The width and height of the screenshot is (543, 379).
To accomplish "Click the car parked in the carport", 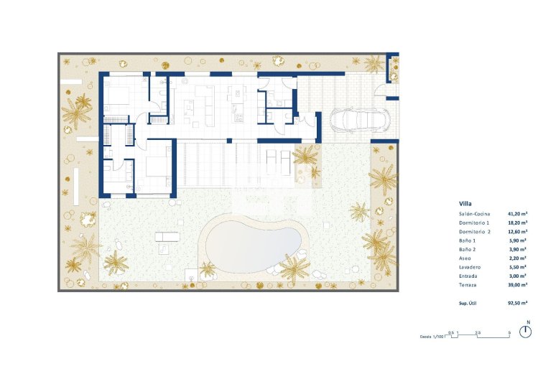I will tap(356, 119).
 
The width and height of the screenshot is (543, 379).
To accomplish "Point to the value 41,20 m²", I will tap(517, 215).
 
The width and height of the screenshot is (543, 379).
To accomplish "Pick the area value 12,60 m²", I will tap(517, 232).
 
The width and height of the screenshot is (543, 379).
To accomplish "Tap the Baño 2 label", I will tap(468, 250).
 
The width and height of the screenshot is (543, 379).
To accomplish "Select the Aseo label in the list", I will tap(465, 258).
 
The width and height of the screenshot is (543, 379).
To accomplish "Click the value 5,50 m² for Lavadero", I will tap(519, 267).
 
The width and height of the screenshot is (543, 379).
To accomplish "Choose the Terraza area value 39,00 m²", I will tap(517, 284).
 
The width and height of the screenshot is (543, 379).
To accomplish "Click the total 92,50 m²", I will tap(517, 304).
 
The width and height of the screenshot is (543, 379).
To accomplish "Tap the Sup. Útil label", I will tap(469, 304).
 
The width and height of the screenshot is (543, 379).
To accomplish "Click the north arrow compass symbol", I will tap(527, 331).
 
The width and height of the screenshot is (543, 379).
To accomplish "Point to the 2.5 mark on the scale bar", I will tap(478, 332).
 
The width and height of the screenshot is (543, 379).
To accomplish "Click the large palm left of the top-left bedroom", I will tap(76, 111).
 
